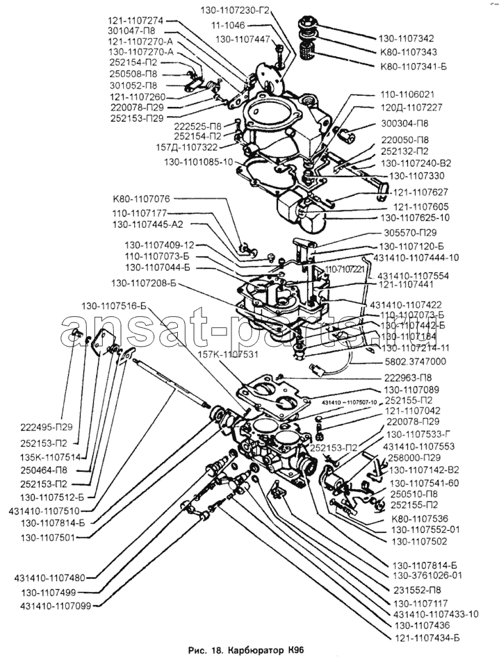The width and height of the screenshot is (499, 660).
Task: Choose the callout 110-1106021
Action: click(407, 94)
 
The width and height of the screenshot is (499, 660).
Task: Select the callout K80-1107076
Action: click(142, 199)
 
